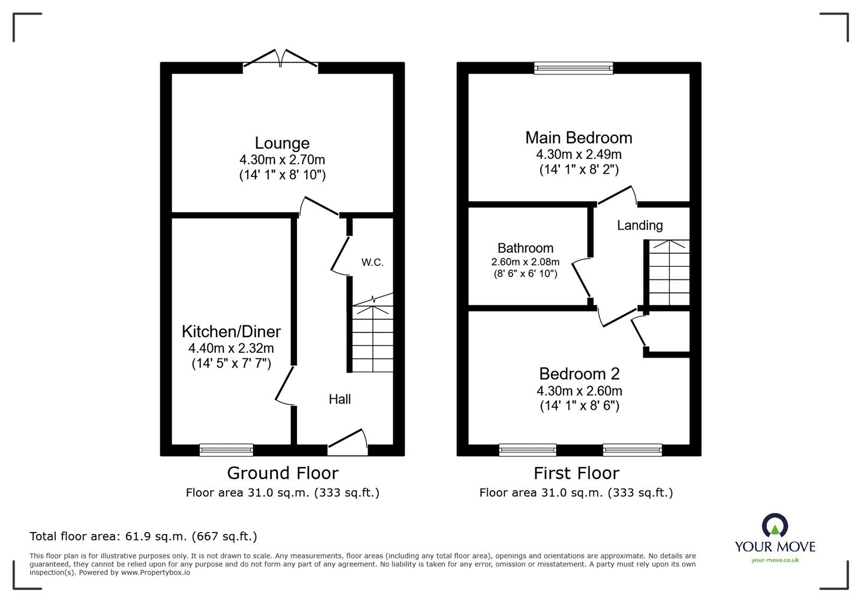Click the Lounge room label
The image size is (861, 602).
282,143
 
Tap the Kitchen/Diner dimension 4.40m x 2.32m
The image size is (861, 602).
231,348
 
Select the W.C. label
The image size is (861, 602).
372,263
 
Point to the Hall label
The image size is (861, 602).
340,399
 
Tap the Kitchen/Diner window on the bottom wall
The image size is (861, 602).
226,450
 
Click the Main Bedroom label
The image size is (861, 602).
578,138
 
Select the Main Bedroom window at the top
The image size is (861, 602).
574,68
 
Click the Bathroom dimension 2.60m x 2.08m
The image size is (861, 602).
525,262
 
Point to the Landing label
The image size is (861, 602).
640,225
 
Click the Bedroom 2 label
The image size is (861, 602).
579,373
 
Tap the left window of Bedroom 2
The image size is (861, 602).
527,450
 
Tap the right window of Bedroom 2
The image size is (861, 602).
632,450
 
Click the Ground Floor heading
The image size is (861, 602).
283,473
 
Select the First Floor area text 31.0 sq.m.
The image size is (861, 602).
576,492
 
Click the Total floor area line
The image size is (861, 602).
143,536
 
